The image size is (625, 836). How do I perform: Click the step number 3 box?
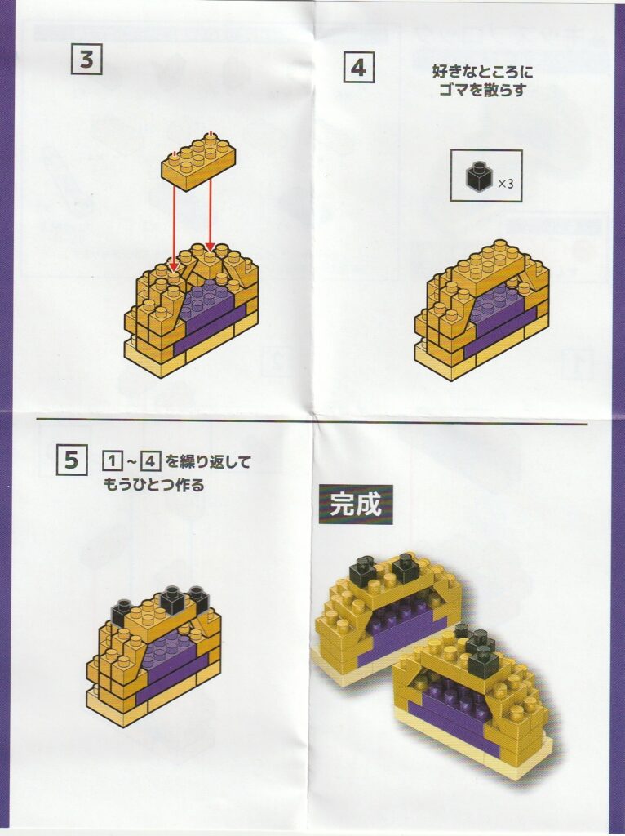point(86,59)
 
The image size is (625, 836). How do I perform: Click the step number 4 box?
point(358,68)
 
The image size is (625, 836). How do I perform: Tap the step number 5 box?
point(72,460)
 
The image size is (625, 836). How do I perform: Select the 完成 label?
point(356,504)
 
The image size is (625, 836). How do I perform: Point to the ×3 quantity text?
point(505,184)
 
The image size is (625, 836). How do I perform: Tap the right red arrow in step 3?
point(211,214)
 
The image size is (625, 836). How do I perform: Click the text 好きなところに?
point(481,71)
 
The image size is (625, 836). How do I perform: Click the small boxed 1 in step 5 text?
point(111,460)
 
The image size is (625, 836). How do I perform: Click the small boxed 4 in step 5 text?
point(150,460)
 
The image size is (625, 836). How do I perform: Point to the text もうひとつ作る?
point(154,485)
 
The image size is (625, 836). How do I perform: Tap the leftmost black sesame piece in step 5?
point(122,612)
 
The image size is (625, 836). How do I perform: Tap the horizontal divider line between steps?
point(312,422)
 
